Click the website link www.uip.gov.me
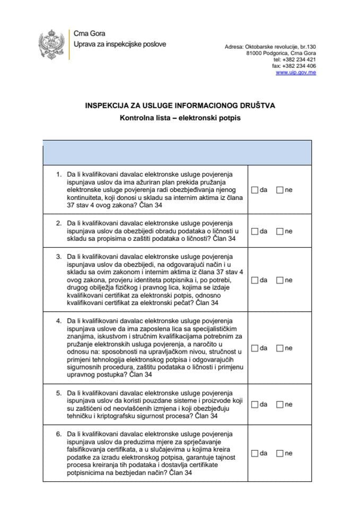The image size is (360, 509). tap(296, 73)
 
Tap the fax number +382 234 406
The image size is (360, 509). tap(301, 66)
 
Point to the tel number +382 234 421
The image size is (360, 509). tap(301, 60)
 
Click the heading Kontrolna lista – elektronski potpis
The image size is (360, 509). tap(180, 118)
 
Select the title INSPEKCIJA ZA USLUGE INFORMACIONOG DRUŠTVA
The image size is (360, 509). tap(180, 106)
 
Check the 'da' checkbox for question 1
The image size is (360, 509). tap(255, 190)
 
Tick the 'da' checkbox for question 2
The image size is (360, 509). tap(255, 231)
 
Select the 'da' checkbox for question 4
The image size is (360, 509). tap(255, 348)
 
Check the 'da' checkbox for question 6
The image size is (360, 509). tap(255, 453)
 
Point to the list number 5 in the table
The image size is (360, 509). tap(59, 393)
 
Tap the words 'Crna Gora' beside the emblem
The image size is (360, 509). tap(89, 34)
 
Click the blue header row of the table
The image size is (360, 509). tap(177, 152)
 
